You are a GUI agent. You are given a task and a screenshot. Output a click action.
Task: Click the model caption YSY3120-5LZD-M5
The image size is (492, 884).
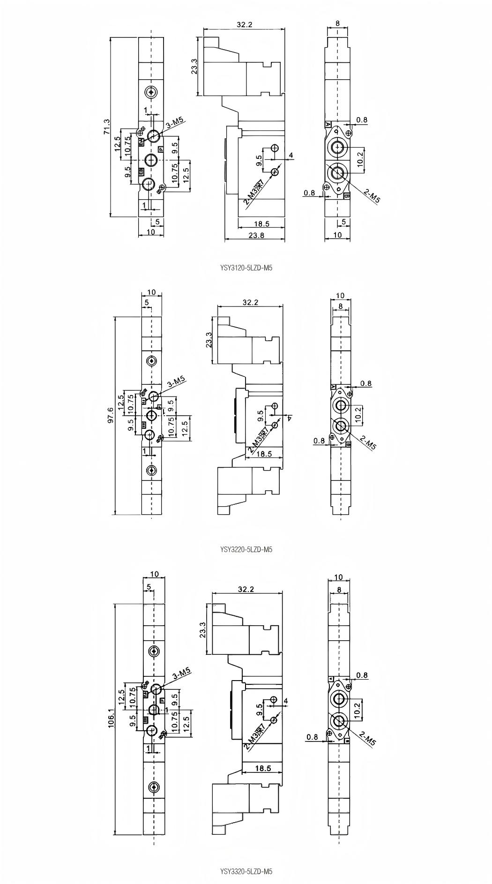coord(246,268)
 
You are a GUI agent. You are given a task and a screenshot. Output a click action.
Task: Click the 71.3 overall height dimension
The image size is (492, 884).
coord(107,127)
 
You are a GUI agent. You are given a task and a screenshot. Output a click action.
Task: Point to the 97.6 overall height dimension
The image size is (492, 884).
coord(111,415)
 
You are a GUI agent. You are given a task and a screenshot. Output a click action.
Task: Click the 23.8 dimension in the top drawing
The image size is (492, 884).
coord(255,235)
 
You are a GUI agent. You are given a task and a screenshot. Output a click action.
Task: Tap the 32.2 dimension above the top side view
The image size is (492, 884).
coord(244,25)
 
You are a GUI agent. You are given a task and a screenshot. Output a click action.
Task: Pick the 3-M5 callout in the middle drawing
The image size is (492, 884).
coord(177,382)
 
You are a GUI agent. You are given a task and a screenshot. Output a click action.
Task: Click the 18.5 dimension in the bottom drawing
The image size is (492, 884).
coord(263,768)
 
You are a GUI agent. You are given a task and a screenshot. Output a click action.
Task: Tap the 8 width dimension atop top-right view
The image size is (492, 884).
coord(338,22)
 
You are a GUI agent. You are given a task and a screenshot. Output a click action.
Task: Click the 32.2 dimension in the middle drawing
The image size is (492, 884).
coord(250,302)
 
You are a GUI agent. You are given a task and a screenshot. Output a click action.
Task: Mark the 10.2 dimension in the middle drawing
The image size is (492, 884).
coord(358,414)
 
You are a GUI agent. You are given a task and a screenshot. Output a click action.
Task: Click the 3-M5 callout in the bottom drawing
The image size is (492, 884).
coord(182,674)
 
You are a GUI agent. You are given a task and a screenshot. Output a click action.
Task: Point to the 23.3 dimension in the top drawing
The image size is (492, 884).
coord(194,67)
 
